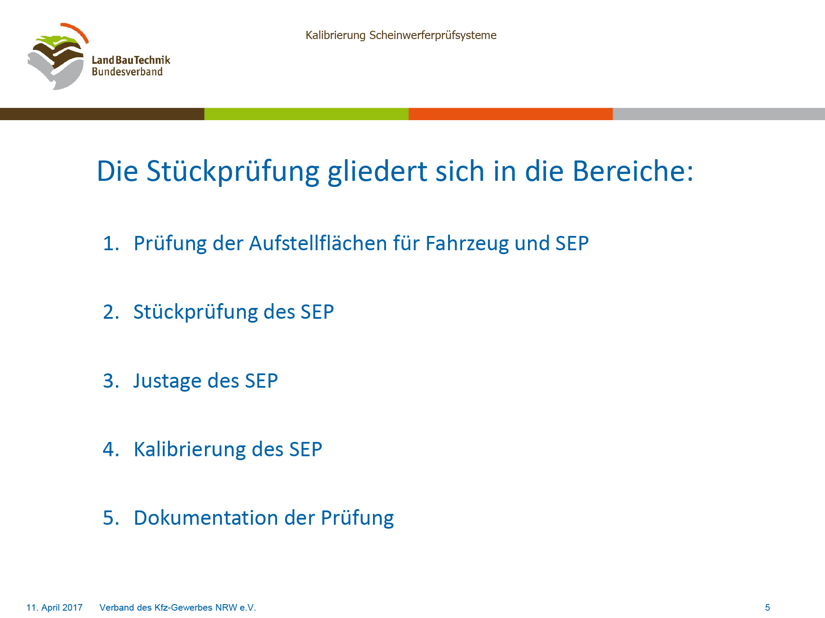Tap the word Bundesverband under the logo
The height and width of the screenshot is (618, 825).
(127, 72)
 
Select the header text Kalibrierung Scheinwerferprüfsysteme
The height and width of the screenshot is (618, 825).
(401, 35)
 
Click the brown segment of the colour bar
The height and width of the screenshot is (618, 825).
(102, 114)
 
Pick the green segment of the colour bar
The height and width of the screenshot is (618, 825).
(307, 114)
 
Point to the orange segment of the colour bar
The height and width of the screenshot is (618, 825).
(511, 114)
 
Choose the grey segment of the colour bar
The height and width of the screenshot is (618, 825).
(719, 114)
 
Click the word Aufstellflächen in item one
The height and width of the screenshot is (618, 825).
(317, 243)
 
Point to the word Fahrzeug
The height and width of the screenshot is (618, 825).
(467, 244)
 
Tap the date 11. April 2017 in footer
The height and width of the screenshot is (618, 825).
(54, 608)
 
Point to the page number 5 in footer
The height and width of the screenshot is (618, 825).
(767, 608)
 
